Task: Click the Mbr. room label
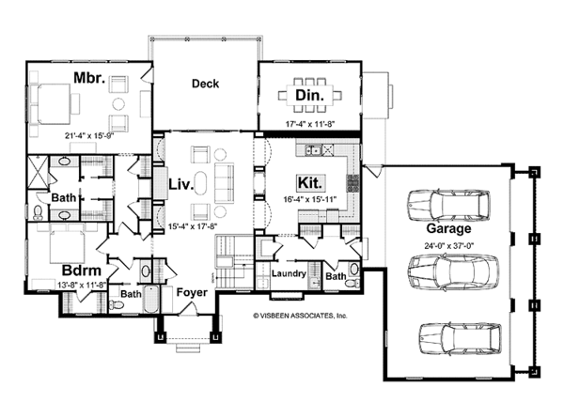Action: click(89, 78)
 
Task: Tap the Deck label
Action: click(205, 84)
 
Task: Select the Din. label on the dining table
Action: click(309, 95)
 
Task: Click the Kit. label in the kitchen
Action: click(311, 183)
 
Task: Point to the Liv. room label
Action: click(181, 185)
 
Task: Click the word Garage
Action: click(448, 228)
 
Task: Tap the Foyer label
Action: click(192, 292)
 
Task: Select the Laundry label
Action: click(289, 273)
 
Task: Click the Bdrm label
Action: click(81, 271)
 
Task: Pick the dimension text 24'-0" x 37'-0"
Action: click(448, 246)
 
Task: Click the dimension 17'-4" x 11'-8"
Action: click(310, 124)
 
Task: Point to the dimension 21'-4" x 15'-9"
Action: click(86, 135)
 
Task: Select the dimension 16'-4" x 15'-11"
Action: click(310, 199)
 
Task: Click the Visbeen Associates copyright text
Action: click(300, 316)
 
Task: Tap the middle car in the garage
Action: click(453, 271)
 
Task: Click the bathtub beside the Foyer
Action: click(151, 299)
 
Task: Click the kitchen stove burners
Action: click(352, 183)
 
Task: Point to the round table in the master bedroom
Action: click(118, 104)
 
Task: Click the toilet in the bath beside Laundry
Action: click(351, 284)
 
